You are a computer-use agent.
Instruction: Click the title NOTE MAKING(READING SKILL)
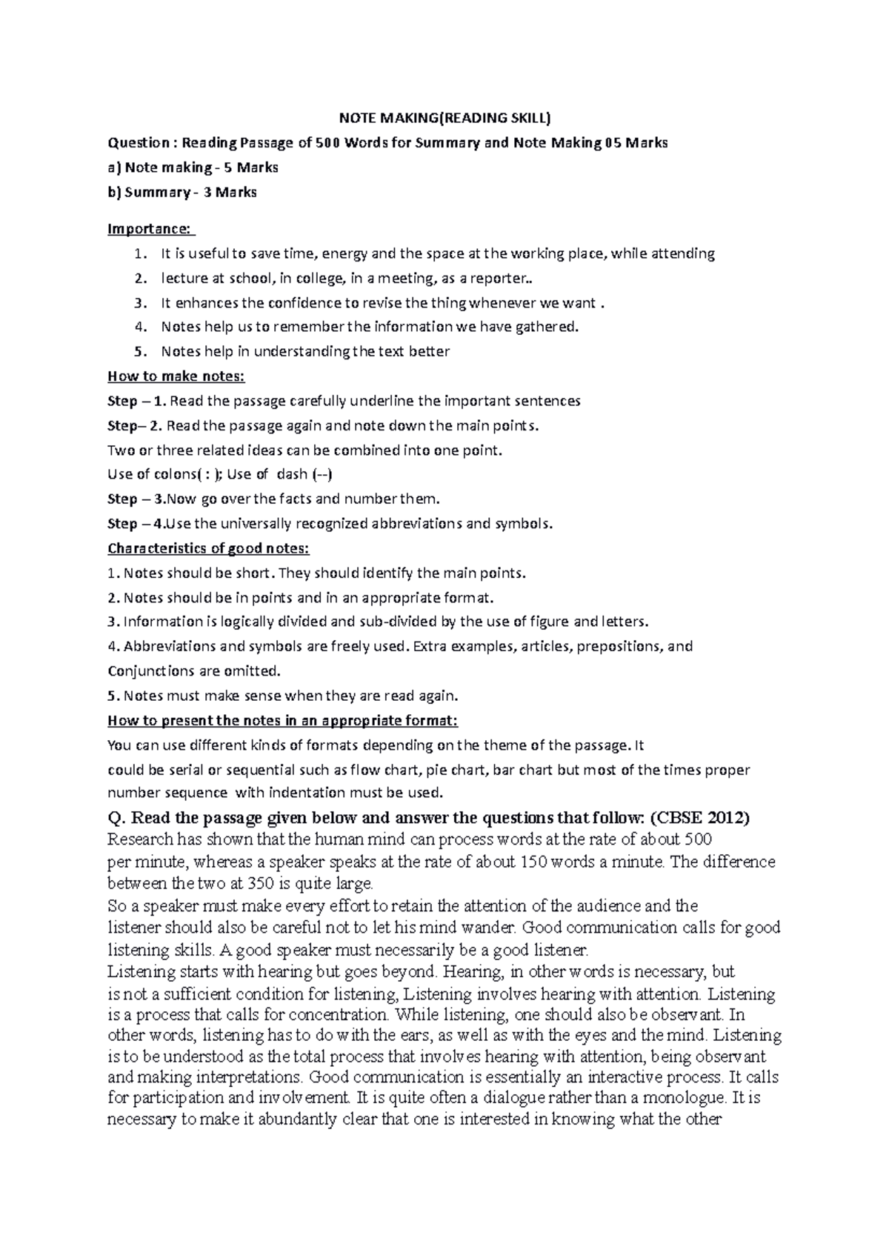coord(444,118)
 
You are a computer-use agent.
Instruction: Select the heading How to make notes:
coord(176,376)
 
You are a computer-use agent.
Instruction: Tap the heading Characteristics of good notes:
coord(208,549)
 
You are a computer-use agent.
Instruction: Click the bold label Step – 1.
coord(139,402)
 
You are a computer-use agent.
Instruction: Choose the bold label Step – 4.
coord(136,524)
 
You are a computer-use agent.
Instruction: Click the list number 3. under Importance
coord(141,303)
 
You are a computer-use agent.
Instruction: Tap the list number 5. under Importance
coord(141,352)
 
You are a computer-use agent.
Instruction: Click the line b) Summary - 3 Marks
coord(182,192)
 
